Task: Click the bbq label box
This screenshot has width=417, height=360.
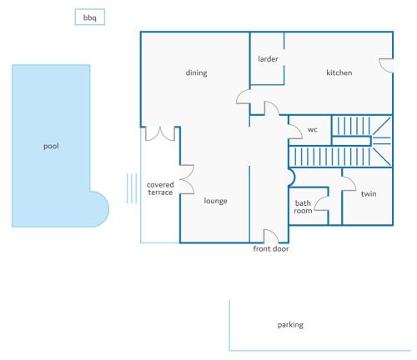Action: [x=90, y=17]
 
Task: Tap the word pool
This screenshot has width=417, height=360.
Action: [x=51, y=146]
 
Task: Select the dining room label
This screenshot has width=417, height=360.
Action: [x=196, y=72]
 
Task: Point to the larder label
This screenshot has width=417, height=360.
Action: [x=268, y=59]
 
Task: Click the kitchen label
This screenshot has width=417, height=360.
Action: [x=339, y=72]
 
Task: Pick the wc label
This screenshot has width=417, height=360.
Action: [x=313, y=129]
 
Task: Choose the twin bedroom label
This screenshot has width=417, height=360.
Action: [x=369, y=193]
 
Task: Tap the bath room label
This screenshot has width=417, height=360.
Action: [x=303, y=207]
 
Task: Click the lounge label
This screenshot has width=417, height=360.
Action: [x=215, y=201]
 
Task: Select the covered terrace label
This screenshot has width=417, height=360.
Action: [x=160, y=188]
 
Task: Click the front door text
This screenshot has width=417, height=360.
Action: [x=271, y=248]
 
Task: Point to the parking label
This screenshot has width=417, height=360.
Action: [x=290, y=325]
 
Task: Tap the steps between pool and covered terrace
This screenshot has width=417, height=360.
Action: [x=132, y=188]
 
